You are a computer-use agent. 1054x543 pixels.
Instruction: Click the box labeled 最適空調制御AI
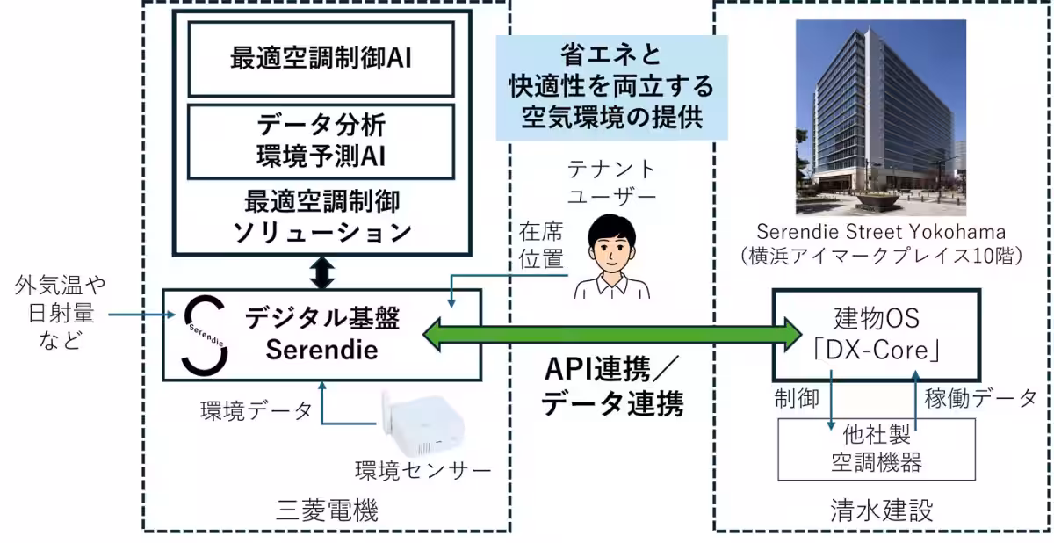pyautogui.click(x=320, y=59)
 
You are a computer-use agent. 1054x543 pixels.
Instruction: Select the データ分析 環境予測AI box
pyautogui.click(x=320, y=142)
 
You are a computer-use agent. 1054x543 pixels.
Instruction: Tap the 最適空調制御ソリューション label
pyautogui.click(x=320, y=217)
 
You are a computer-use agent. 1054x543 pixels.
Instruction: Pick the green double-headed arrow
pyautogui.click(x=612, y=335)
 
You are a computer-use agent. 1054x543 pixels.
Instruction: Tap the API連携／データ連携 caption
pyautogui.click(x=612, y=387)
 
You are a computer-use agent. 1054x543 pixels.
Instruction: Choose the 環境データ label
pyautogui.click(x=256, y=410)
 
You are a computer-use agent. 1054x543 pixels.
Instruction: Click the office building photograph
pyautogui.click(x=880, y=118)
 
